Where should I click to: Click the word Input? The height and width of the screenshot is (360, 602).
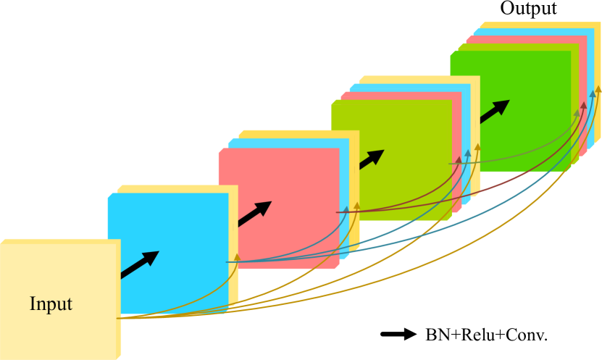pos(51,304)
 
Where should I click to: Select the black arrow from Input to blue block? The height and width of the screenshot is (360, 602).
pos(140,264)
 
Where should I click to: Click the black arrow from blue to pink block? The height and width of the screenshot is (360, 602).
pos(254,214)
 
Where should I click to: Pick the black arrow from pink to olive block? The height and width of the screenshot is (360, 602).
pos(371,159)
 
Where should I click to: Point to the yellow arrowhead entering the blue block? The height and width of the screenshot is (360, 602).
pos(237,257)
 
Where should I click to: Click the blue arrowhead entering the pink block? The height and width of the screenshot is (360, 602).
pos(346,210)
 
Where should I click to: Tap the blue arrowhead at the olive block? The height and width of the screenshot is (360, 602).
pos(468,154)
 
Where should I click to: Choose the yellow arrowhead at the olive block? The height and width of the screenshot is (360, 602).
pos(477,147)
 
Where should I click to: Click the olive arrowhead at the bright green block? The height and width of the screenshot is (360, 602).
pos(577,113)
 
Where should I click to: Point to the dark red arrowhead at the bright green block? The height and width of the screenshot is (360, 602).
pos(584,106)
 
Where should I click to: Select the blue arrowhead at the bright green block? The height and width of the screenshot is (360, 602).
pos(592,95)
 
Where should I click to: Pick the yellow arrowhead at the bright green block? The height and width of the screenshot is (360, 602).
pos(598,89)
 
